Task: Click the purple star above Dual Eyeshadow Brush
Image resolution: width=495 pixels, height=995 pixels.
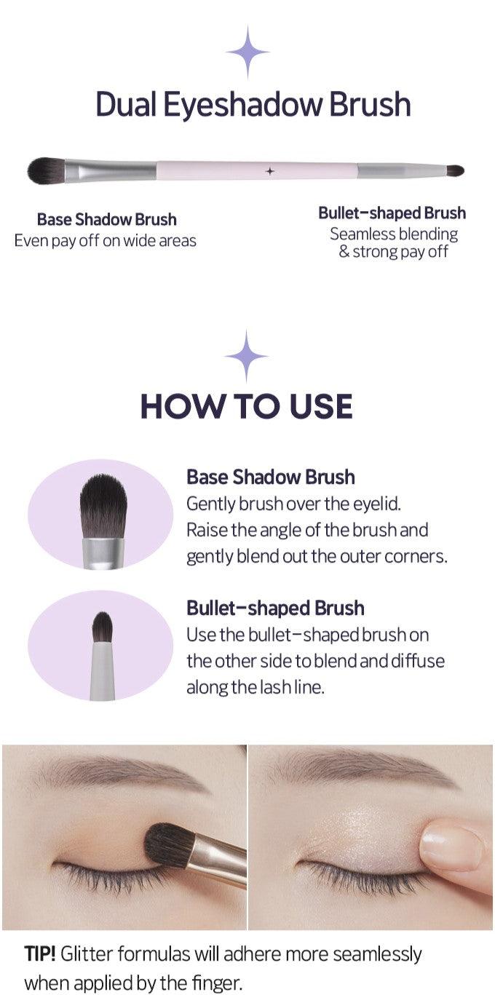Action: pyautogui.click(x=247, y=52)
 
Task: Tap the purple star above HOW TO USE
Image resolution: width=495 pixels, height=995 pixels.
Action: pyautogui.click(x=246, y=356)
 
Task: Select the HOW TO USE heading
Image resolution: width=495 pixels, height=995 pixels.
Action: pyautogui.click(x=247, y=406)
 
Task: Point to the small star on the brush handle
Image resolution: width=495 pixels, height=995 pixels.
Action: pyautogui.click(x=270, y=171)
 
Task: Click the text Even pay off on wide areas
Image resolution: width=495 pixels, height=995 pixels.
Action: pyautogui.click(x=106, y=241)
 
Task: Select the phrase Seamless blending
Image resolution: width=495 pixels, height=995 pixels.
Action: pyautogui.click(x=394, y=234)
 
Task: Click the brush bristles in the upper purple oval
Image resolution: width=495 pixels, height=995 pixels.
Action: pyautogui.click(x=103, y=506)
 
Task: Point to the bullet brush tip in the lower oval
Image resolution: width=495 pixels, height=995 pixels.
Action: pyautogui.click(x=102, y=627)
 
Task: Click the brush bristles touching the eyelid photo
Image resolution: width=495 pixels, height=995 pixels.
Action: pyautogui.click(x=170, y=844)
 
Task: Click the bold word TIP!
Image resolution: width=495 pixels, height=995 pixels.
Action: pyautogui.click(x=40, y=954)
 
